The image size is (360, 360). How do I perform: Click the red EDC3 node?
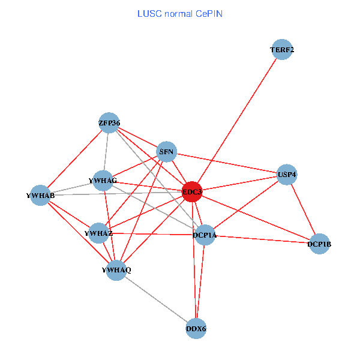[x=191, y=192]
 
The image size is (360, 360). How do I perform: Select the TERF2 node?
[x=282, y=50]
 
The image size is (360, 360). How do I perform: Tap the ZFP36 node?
[x=109, y=123]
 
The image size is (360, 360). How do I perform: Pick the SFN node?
[x=166, y=152]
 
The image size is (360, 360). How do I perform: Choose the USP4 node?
[x=287, y=175]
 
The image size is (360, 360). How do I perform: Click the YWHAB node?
[x=40, y=195]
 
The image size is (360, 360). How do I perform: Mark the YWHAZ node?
[x=98, y=233]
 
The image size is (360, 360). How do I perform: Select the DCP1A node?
[x=204, y=235]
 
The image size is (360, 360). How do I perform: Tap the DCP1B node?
[x=319, y=244]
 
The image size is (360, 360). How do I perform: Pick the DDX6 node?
[x=196, y=328]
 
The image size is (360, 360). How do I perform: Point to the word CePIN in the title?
[x=209, y=13]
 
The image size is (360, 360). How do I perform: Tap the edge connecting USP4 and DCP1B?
[x=303, y=209]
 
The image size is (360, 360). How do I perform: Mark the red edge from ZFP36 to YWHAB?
[x=74, y=159]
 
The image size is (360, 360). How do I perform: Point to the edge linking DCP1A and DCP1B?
[x=262, y=239]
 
